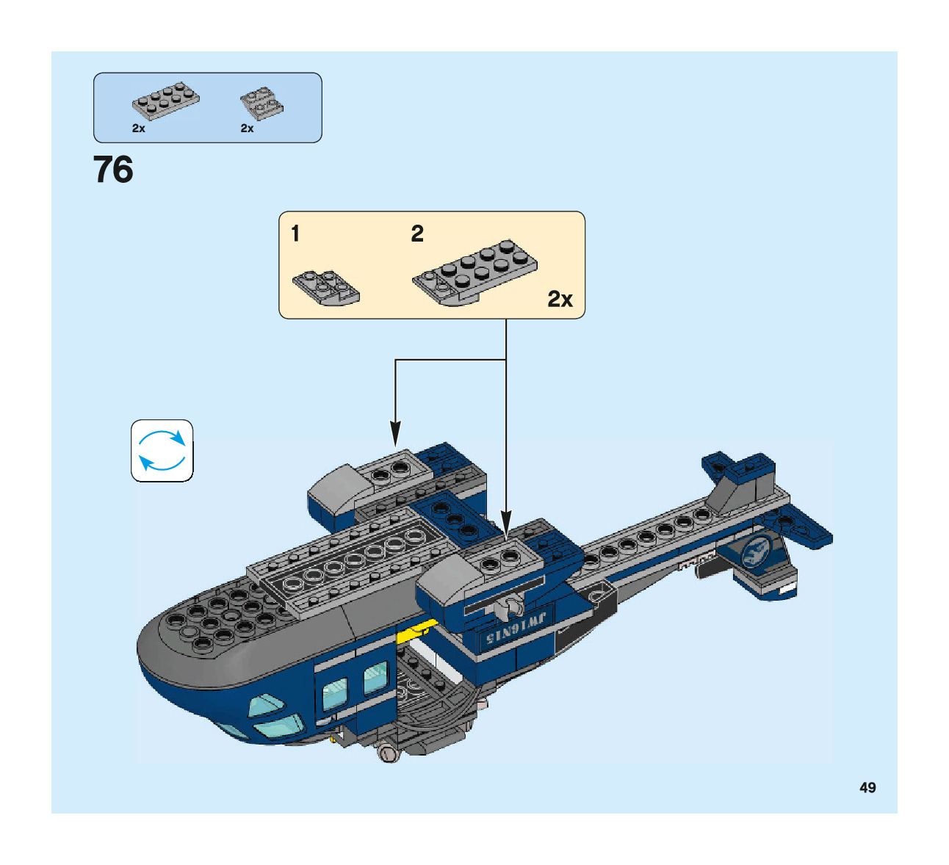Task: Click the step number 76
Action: (x=113, y=170)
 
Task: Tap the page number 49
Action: (x=867, y=787)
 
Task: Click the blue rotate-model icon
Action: (x=162, y=451)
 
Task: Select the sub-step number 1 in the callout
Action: (x=295, y=234)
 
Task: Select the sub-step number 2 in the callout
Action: (x=417, y=234)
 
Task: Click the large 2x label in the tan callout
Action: (x=560, y=299)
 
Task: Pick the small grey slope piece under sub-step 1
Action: (x=326, y=288)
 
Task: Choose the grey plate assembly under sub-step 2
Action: (x=474, y=272)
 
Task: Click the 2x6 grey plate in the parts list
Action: (x=165, y=101)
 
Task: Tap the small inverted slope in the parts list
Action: (x=262, y=105)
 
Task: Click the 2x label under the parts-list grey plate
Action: (x=139, y=129)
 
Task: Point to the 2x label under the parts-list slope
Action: (x=248, y=129)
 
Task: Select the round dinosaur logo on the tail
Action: (x=756, y=552)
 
